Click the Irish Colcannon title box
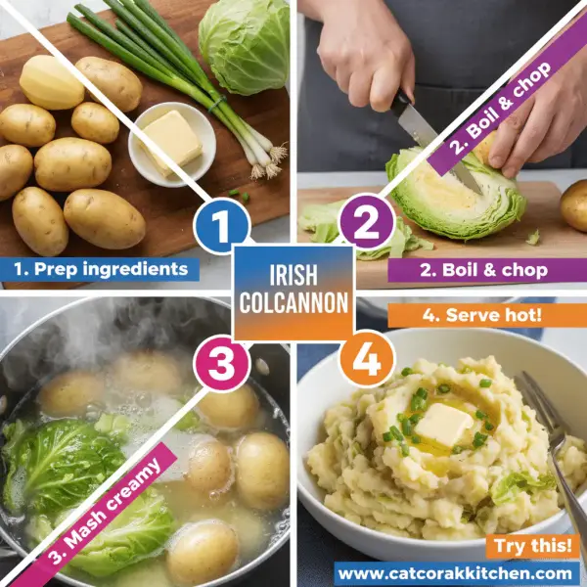[293, 292]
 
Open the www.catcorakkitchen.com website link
[458, 573]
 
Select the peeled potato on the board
[51, 82]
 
